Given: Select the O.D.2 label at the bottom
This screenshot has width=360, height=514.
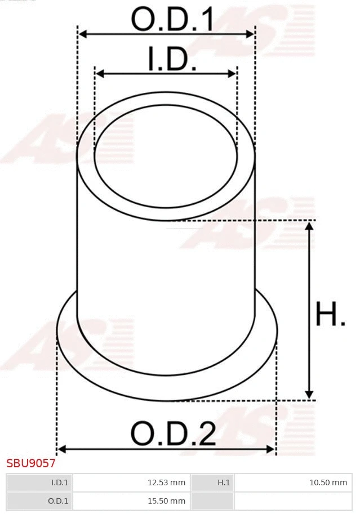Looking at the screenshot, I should pyautogui.click(x=173, y=434).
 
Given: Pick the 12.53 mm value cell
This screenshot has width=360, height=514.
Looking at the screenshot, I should pyautogui.click(x=166, y=482).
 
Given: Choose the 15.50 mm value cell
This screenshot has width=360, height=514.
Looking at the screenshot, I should pyautogui.click(x=166, y=500).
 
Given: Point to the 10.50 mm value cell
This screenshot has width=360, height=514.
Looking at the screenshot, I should pyautogui.click(x=328, y=482).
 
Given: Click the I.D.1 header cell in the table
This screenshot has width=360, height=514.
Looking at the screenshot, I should pyautogui.click(x=60, y=482).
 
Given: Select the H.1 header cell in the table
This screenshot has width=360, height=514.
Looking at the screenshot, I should pyautogui.click(x=224, y=482).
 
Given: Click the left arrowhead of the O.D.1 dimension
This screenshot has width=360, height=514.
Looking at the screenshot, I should pyautogui.click(x=82, y=34).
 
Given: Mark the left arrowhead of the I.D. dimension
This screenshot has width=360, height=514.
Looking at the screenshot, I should pyautogui.click(x=99, y=74).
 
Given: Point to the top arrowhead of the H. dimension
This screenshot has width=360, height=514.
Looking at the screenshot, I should pyautogui.click(x=309, y=225).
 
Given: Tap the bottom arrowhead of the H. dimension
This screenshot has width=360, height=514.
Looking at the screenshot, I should pyautogui.click(x=309, y=395).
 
